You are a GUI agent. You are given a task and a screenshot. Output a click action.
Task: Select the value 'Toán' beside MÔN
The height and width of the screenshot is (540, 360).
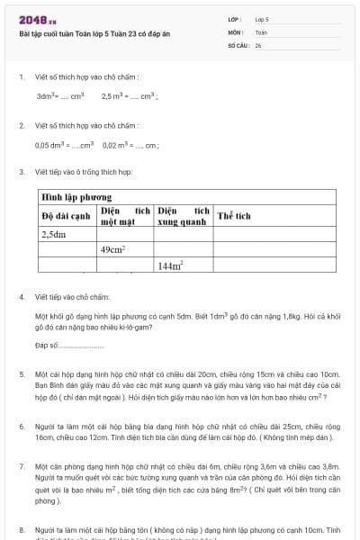(x=261, y=31)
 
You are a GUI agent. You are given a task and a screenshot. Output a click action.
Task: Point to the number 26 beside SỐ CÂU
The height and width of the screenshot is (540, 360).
(x=258, y=44)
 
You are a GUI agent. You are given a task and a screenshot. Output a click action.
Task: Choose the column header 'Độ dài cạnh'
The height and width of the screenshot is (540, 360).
(x=67, y=216)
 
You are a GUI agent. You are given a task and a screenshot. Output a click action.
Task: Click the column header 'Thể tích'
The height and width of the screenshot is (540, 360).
(x=233, y=216)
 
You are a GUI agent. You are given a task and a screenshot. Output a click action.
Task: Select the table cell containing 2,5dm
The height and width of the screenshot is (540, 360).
(x=55, y=235)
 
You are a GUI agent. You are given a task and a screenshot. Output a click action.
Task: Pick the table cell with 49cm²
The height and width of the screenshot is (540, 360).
(x=112, y=250)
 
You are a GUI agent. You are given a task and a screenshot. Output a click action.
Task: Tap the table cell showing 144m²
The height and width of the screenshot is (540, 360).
(x=170, y=265)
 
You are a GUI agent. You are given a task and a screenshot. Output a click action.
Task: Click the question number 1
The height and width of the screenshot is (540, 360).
(x=21, y=77)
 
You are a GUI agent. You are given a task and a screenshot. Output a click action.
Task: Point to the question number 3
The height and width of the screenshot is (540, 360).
(x=21, y=171)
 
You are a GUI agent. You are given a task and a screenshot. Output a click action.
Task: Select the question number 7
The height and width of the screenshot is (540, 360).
(x=21, y=467)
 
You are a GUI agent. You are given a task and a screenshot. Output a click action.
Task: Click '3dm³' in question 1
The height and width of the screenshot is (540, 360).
(x=47, y=95)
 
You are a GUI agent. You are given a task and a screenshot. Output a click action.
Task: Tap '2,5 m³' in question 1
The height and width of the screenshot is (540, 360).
(x=113, y=95)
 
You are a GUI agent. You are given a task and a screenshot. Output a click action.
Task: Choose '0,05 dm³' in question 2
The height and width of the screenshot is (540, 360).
(x=50, y=144)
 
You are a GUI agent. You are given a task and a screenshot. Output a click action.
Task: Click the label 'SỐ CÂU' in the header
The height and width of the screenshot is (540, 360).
(x=238, y=44)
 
